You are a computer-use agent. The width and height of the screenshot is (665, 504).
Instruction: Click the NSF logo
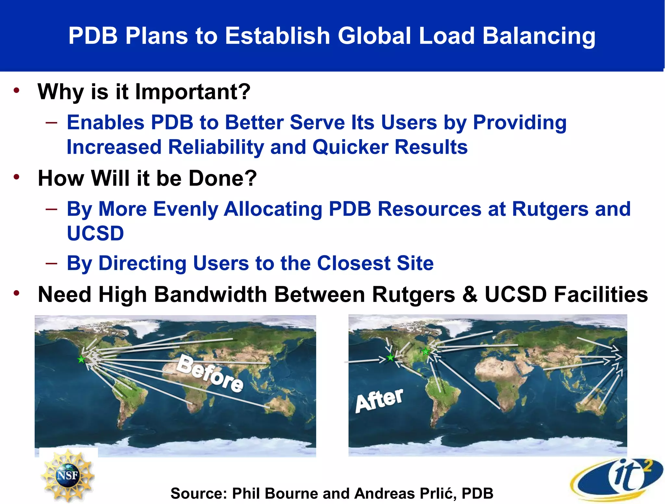[68, 475]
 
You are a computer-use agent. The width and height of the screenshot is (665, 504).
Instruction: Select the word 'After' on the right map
[379, 400]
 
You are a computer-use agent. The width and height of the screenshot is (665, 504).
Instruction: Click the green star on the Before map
[81, 359]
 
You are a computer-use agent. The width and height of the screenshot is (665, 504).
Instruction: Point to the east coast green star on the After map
[425, 351]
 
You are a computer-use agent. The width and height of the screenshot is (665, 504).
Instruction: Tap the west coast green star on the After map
[391, 358]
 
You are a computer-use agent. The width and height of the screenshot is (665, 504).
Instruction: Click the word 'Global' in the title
[374, 36]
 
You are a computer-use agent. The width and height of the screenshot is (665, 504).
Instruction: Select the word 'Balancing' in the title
[539, 36]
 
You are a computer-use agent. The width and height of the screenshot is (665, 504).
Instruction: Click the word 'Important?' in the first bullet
[193, 92]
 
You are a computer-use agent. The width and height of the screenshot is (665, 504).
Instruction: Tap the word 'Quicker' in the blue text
[350, 147]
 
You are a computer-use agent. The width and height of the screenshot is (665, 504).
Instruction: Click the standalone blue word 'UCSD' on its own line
[95, 233]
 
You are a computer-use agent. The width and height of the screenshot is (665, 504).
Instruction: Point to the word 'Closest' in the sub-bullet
[354, 263]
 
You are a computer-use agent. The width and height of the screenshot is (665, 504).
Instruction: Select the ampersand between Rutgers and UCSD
[470, 295]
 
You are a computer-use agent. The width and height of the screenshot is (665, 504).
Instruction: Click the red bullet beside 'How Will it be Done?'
[17, 177]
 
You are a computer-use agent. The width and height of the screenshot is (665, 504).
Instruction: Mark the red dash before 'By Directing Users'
[51, 263]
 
